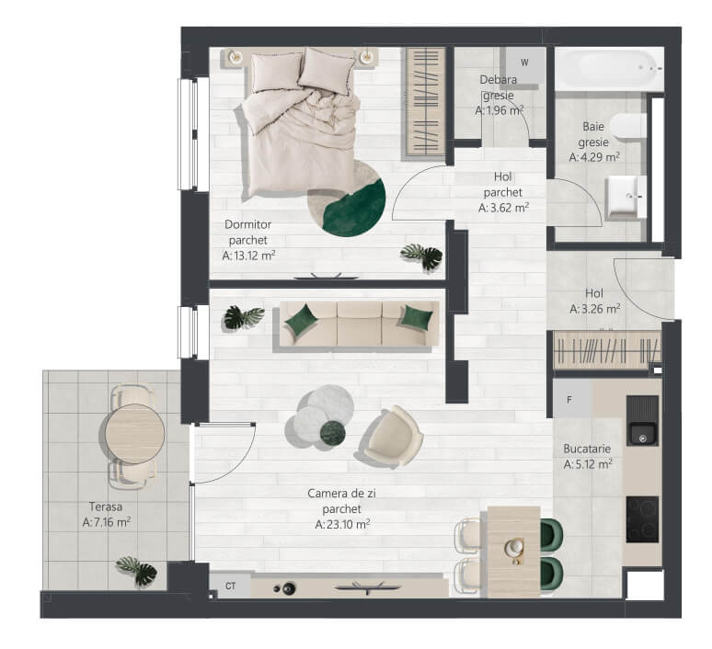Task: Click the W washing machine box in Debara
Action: tap(523, 64)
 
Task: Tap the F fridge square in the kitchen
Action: tap(572, 399)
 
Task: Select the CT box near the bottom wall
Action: tap(230, 586)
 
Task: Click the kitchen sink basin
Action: tap(642, 434)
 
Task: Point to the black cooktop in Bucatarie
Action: tap(642, 519)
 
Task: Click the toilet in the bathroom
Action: tap(628, 126)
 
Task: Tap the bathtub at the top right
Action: tap(609, 69)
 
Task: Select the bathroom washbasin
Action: tap(626, 197)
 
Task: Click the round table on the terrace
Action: tap(135, 433)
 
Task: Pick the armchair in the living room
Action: tap(393, 437)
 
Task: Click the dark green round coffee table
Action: tap(333, 432)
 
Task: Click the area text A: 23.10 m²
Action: tap(342, 524)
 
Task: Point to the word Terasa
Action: tap(106, 506)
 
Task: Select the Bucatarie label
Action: tap(587, 449)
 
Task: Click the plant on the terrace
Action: tap(137, 571)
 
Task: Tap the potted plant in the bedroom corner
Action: tap(422, 256)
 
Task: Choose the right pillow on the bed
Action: tap(327, 72)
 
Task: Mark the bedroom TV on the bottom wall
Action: tap(326, 276)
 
